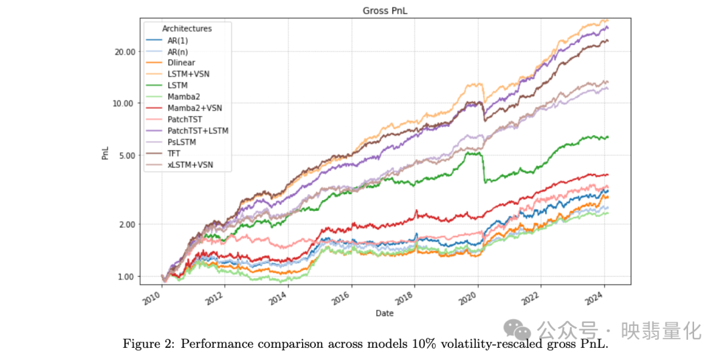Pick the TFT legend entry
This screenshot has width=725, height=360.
[x=175, y=153]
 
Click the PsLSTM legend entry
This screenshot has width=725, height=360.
[x=182, y=142]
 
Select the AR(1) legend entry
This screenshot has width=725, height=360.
[x=178, y=40]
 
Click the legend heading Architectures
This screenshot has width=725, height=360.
[x=187, y=29]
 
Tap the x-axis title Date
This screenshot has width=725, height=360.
[x=385, y=313]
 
